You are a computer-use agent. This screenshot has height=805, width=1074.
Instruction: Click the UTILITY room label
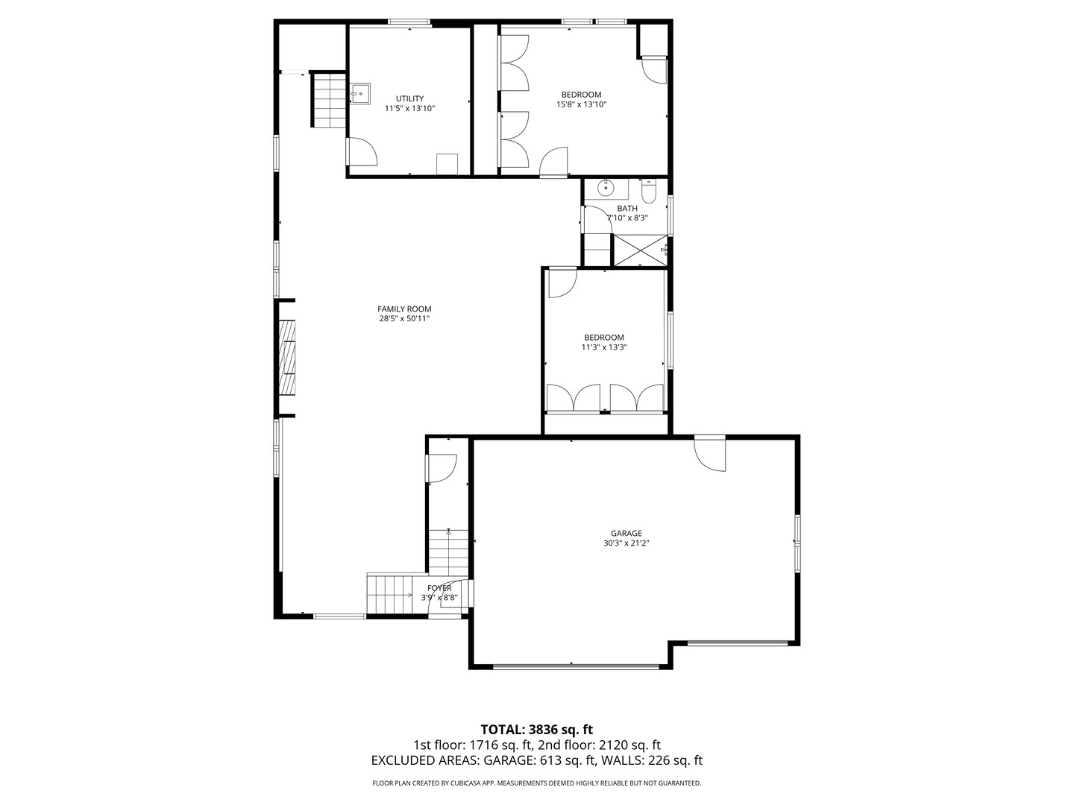point(409,98)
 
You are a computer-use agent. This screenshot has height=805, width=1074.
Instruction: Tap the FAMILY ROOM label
point(404,309)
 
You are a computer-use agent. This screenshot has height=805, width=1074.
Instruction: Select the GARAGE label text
point(626,534)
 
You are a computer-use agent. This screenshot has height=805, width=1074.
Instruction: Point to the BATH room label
point(627,209)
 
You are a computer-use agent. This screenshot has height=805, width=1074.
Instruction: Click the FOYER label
point(439,588)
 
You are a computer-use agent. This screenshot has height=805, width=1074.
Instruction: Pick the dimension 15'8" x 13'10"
point(581,104)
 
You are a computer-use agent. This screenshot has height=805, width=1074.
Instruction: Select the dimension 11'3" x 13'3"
point(604,347)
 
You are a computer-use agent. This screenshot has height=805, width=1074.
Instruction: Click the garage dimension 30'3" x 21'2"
point(626,543)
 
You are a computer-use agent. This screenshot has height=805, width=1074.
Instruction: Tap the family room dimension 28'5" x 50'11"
point(404,319)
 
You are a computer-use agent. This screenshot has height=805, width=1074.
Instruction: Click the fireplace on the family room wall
point(287,357)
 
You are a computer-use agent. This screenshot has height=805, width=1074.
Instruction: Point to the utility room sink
point(361,93)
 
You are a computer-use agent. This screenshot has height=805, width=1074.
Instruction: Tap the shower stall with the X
point(638,250)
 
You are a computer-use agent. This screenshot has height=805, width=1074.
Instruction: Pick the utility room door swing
point(362,152)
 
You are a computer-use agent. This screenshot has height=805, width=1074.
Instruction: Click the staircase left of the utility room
point(329,99)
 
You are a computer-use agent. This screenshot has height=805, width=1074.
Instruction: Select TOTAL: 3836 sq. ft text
point(536,729)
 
